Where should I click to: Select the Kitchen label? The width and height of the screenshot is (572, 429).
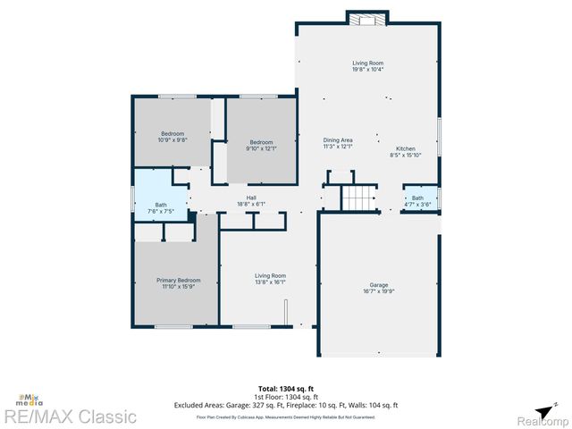405,148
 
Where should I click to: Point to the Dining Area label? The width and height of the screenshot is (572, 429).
338,140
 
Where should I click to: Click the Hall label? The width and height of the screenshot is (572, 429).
252,198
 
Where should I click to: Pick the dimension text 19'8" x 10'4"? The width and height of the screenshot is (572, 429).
367,70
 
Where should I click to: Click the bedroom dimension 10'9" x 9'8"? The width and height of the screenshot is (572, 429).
172,140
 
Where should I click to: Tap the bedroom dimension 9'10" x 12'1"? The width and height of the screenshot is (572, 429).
261,148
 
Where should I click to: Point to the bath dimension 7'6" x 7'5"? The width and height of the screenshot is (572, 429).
161,212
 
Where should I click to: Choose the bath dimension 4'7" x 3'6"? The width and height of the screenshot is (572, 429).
417,205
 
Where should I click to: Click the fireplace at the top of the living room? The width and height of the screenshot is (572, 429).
366,20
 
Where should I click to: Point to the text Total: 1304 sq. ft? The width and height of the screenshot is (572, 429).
285,388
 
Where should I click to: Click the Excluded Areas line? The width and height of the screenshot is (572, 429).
285,405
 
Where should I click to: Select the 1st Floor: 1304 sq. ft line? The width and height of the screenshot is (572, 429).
285,396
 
